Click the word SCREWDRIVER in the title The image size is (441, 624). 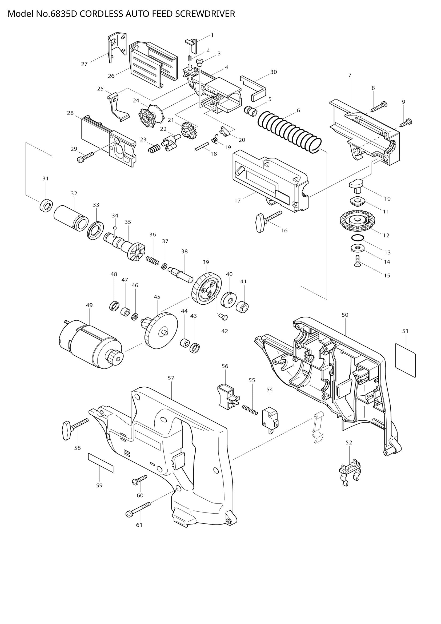click(x=205, y=14)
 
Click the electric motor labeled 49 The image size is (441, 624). click(x=90, y=345)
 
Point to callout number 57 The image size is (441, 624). click(x=171, y=378)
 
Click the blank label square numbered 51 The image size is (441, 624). click(x=406, y=360)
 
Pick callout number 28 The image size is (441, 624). click(x=70, y=113)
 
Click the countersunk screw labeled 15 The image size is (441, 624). click(x=357, y=261)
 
